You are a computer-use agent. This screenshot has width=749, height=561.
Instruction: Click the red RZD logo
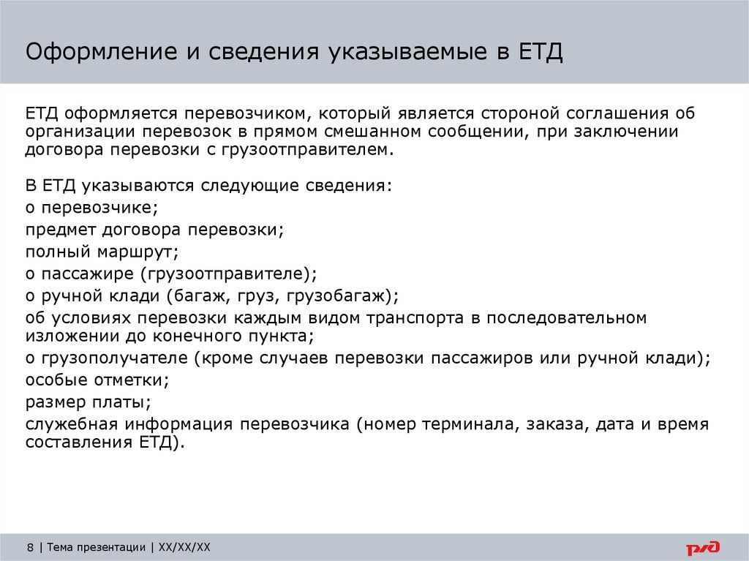coord(702,547)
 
